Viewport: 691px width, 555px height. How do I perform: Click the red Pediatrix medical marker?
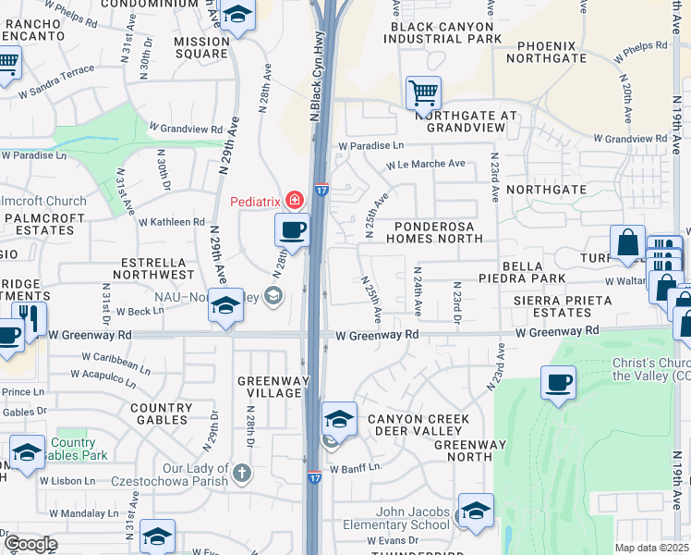(x=295, y=200)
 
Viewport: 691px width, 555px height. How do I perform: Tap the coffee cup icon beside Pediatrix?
(x=293, y=230)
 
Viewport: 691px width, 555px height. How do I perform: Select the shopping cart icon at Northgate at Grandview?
(x=423, y=92)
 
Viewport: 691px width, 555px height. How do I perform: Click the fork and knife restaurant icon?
(x=30, y=320)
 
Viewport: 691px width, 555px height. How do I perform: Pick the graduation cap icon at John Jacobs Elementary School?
(x=476, y=511)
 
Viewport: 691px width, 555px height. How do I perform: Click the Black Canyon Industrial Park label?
(x=442, y=32)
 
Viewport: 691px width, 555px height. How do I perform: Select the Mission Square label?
(x=201, y=47)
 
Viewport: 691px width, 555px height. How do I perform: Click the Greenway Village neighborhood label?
(x=270, y=387)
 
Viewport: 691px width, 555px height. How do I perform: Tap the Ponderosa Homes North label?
(x=439, y=232)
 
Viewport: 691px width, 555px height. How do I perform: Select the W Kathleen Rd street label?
(x=171, y=222)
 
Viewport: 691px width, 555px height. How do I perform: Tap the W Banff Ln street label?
(x=355, y=468)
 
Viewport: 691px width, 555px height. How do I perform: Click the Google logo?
(x=30, y=543)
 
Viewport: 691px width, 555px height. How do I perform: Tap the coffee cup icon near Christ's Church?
(x=559, y=383)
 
